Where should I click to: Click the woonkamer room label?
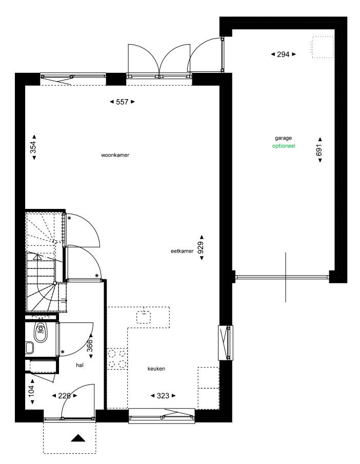115,155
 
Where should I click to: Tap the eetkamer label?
182,251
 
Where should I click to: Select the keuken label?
156,369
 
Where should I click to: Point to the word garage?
283,138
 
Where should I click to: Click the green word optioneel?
284,146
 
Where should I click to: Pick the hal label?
79,365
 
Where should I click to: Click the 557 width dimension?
122,102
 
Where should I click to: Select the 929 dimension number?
201,248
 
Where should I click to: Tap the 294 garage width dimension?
283,54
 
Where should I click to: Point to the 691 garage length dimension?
319,150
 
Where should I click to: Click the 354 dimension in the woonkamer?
33,147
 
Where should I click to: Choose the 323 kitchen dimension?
163,396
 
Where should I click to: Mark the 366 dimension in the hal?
90,345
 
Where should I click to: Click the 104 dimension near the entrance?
32,391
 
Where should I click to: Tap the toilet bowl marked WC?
41,332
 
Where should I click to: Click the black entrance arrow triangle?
78,438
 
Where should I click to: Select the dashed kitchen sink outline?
144,318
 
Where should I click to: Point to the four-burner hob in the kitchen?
117,359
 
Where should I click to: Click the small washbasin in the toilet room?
30,348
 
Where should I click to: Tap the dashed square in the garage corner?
322,47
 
